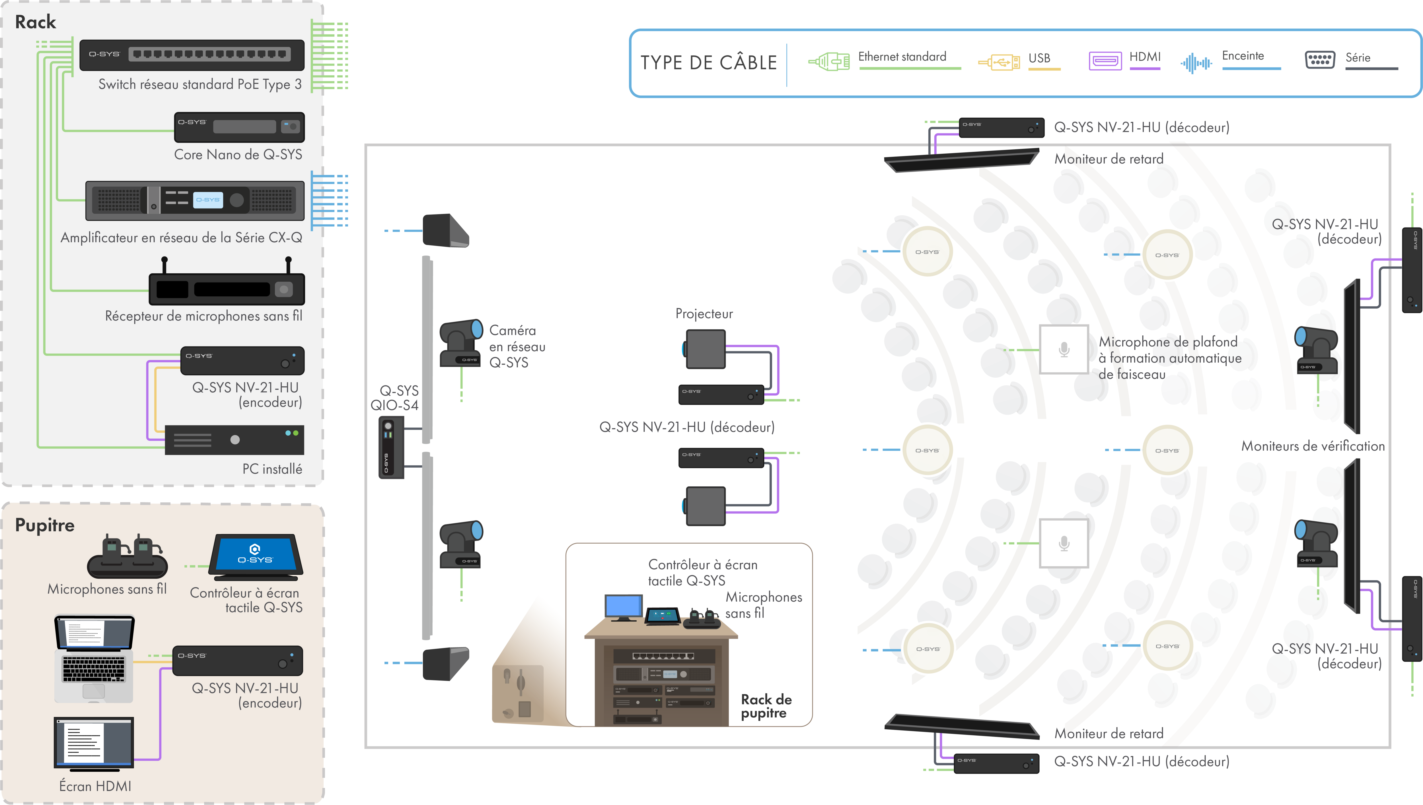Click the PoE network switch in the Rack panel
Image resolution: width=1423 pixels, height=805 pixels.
point(192,55)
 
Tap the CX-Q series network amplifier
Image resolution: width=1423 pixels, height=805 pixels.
point(195,200)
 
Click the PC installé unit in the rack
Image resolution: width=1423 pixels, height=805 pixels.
point(235,439)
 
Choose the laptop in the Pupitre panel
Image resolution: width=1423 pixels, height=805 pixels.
point(94,658)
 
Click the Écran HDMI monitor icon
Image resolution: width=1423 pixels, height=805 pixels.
point(94,742)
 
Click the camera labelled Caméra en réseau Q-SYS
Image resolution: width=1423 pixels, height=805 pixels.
point(461,343)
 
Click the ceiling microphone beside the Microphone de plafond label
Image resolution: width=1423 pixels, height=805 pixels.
point(1064,349)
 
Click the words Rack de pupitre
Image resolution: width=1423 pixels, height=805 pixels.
point(766,706)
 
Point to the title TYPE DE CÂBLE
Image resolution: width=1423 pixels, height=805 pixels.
point(708,63)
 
